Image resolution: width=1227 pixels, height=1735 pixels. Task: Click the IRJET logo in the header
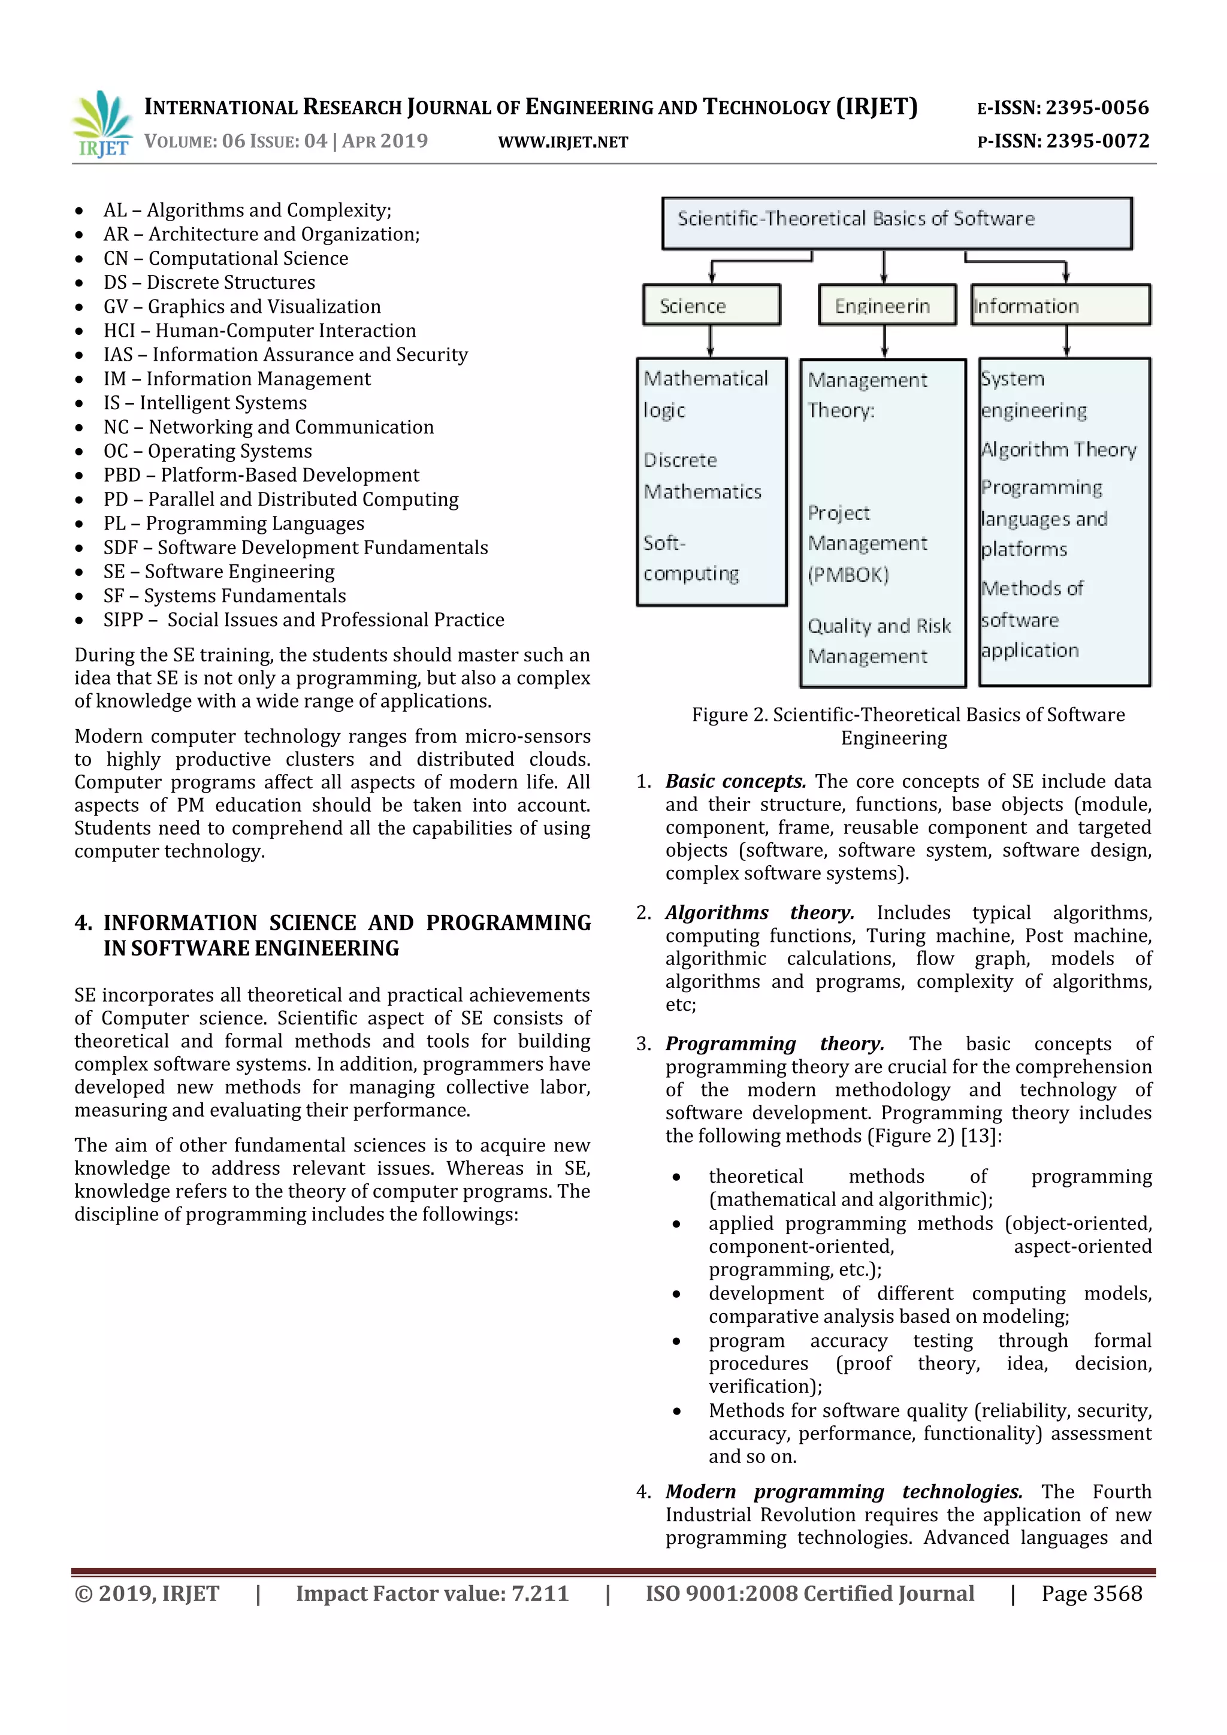(101, 124)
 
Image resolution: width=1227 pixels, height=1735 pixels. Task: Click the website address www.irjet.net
(563, 142)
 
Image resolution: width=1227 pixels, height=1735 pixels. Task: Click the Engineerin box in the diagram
(886, 306)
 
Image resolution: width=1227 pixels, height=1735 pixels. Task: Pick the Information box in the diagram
(1059, 306)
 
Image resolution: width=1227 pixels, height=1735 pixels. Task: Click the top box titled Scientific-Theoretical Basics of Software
(896, 223)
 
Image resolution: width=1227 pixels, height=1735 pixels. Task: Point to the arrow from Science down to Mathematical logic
(710, 341)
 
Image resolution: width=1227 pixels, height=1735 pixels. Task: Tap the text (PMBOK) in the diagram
(848, 575)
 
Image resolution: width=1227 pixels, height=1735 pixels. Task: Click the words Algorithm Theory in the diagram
(1058, 449)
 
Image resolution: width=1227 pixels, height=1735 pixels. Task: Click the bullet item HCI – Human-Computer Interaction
(259, 330)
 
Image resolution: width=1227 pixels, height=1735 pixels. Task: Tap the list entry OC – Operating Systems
(207, 451)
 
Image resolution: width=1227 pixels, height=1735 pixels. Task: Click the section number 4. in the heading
(83, 923)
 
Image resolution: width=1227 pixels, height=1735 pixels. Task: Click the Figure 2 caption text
(908, 726)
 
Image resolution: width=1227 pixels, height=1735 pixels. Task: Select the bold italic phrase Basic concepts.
(735, 781)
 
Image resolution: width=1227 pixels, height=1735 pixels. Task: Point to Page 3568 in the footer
(1091, 1593)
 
